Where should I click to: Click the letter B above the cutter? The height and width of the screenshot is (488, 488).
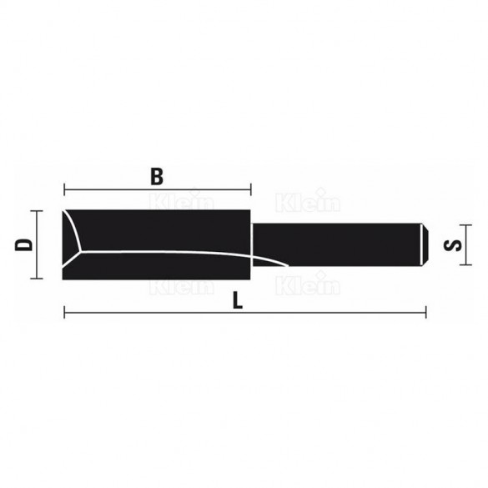156,176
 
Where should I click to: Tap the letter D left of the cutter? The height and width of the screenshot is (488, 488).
23,245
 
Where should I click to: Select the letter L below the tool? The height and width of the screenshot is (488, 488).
239,302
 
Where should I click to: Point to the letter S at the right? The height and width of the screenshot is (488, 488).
454,245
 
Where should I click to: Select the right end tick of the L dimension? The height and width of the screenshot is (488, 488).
425,314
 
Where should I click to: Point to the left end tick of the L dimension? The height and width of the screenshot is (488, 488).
63,314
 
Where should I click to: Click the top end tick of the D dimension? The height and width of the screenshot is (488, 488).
38,210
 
